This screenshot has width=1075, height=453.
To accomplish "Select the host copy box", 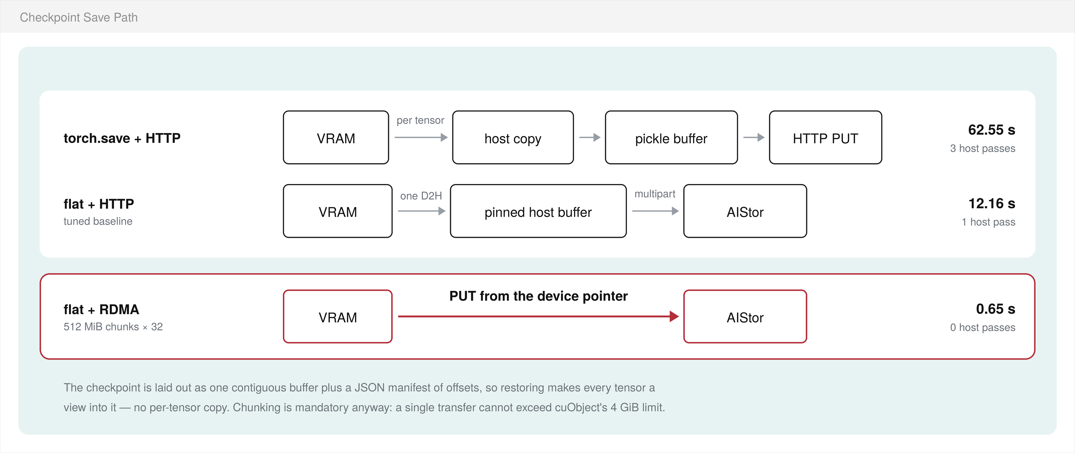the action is pos(513,137).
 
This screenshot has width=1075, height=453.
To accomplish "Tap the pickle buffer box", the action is pos(671,137).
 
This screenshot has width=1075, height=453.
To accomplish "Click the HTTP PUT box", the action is pos(825,137).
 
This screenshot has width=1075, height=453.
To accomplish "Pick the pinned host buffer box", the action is pos(538,211).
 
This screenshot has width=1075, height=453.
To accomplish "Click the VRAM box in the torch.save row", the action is pos(336,137).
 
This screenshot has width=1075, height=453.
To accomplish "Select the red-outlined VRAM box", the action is pos(337,317).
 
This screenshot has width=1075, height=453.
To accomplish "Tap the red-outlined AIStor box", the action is pos(745,317).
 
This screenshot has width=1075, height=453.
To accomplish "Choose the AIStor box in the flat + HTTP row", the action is pos(745,211).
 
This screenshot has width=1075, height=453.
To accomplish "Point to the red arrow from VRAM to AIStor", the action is pos(538,317).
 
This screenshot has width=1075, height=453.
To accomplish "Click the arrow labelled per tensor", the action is pos(421,137).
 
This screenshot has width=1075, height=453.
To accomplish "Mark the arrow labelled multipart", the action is pos(655,211).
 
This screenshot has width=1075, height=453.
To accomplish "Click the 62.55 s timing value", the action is pos(992,130).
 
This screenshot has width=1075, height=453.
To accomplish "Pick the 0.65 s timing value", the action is pos(995,309).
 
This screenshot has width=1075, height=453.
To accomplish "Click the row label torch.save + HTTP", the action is pos(122,138).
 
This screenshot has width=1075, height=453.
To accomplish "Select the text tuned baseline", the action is pos(98,221).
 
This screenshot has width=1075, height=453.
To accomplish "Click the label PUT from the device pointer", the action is pos(538,296).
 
